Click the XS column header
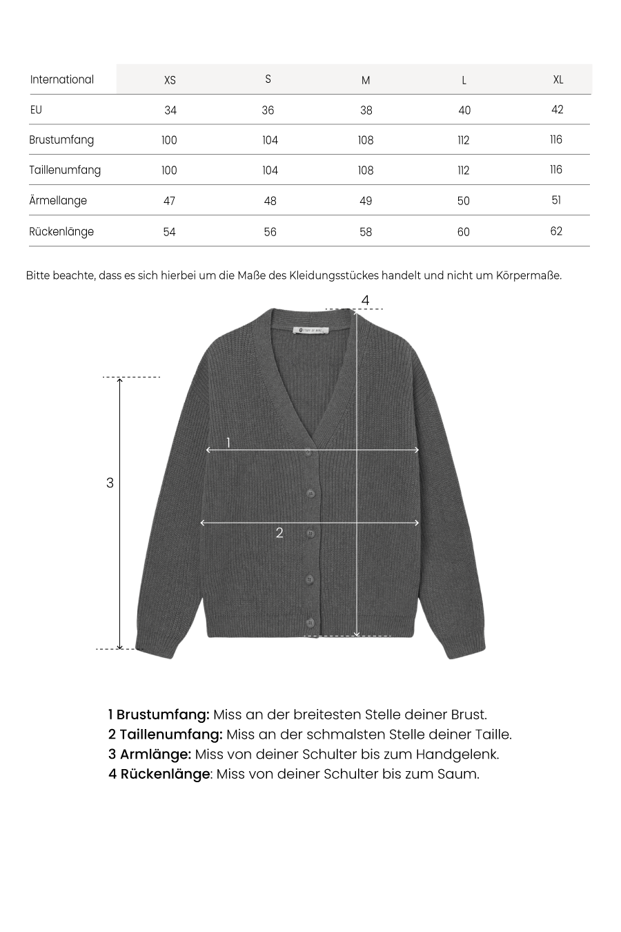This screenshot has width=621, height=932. pyautogui.click(x=170, y=80)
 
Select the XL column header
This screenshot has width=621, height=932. pyautogui.click(x=558, y=79)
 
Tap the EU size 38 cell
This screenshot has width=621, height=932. pyautogui.click(x=366, y=110)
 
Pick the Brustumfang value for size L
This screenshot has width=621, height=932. pyautogui.click(x=464, y=140)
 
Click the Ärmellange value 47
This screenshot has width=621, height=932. pyautogui.click(x=169, y=201)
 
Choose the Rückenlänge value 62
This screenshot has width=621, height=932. pyautogui.click(x=556, y=231)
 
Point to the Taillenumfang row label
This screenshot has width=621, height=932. pyautogui.click(x=65, y=170)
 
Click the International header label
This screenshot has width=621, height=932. pyautogui.click(x=62, y=79)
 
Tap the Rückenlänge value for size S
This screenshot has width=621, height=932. pyautogui.click(x=270, y=232)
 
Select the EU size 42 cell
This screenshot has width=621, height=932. pyautogui.click(x=558, y=110)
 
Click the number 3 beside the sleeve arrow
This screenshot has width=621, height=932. pyautogui.click(x=110, y=483)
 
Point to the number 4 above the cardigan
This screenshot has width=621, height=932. pyautogui.click(x=366, y=300)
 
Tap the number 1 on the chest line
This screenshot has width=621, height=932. pyautogui.click(x=228, y=443)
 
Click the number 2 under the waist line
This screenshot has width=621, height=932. pyautogui.click(x=279, y=533)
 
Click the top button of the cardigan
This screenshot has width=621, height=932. pyautogui.click(x=309, y=452)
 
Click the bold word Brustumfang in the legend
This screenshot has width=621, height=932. pyautogui.click(x=163, y=715)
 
